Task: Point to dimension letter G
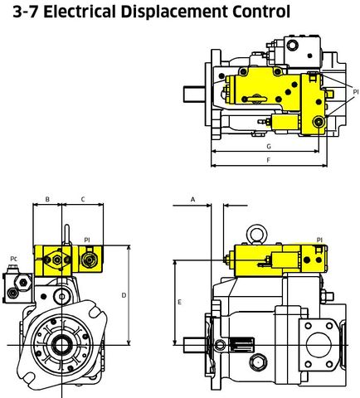click(x=268, y=146)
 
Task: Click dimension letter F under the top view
click(x=268, y=159)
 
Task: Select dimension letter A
click(x=193, y=200)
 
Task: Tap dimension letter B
click(x=47, y=200)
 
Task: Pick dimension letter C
click(x=84, y=200)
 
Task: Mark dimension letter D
click(x=124, y=294)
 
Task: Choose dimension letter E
click(x=179, y=303)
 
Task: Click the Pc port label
click(x=14, y=259)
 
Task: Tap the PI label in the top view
click(x=354, y=92)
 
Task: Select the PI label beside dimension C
click(x=87, y=240)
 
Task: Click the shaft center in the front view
click(x=61, y=342)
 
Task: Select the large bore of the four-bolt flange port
click(x=319, y=340)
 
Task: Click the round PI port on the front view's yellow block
click(x=87, y=261)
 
